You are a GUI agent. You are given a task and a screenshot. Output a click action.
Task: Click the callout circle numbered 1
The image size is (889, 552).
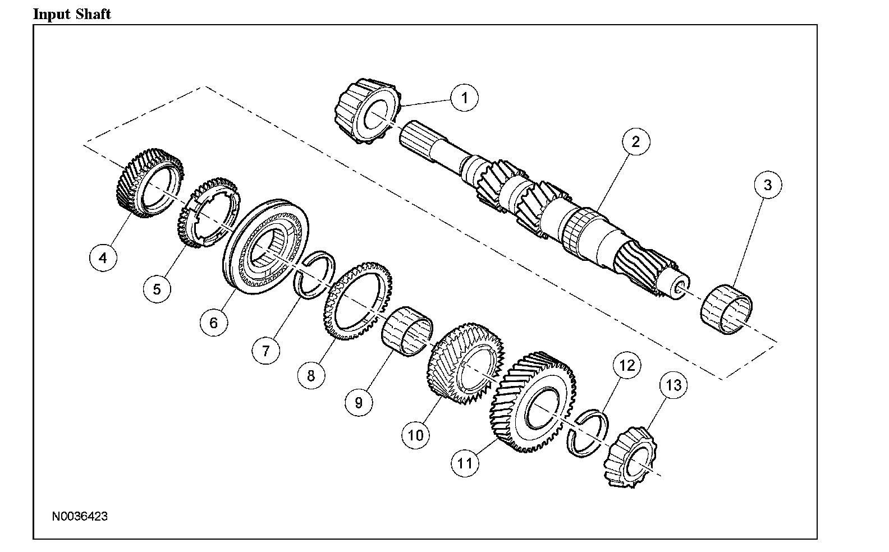tap(464, 98)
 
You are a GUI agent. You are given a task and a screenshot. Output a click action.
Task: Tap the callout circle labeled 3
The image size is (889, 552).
tap(768, 185)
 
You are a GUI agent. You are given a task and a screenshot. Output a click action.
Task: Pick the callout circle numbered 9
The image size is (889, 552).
tap(359, 402)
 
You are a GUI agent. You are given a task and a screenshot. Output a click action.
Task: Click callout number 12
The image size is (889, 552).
tap(626, 366)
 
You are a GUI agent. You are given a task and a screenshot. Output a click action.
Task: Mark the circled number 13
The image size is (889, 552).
tap(673, 385)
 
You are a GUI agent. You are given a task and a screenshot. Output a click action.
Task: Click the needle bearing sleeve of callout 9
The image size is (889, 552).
tap(407, 331)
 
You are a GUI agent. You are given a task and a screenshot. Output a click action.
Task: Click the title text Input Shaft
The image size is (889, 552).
tap(72, 13)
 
